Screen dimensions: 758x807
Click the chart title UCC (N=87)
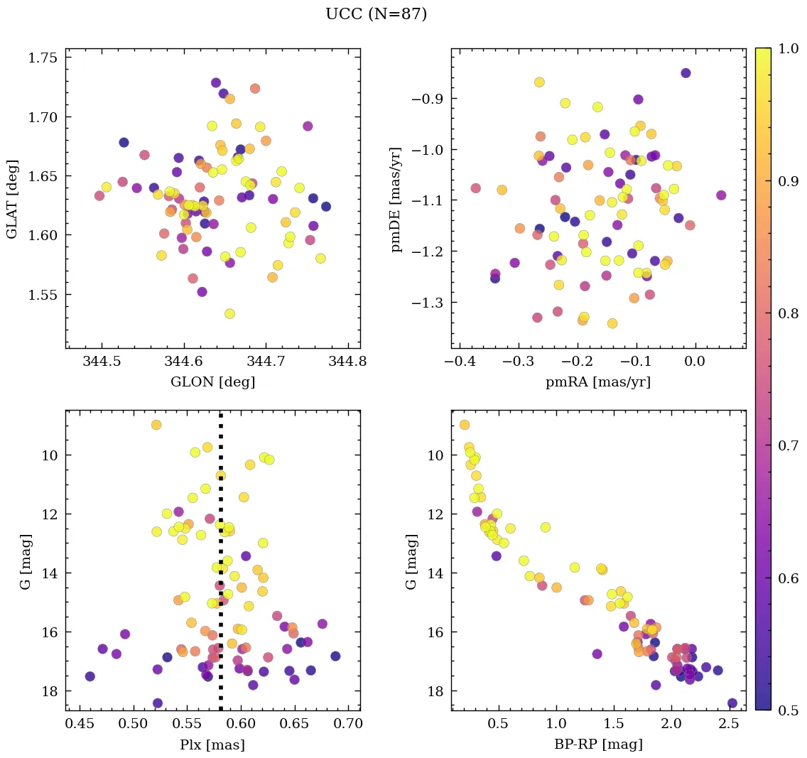point(376,14)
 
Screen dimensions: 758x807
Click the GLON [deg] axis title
point(212,382)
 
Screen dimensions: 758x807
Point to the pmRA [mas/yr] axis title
point(597,382)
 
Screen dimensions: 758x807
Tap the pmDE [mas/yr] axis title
point(396,200)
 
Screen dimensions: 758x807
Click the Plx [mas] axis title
point(212,745)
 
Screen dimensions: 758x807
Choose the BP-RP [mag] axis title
point(597,745)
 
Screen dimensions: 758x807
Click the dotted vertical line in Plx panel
point(221,568)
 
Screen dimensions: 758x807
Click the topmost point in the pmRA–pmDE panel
point(686,73)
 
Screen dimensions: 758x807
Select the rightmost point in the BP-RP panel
point(732,703)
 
